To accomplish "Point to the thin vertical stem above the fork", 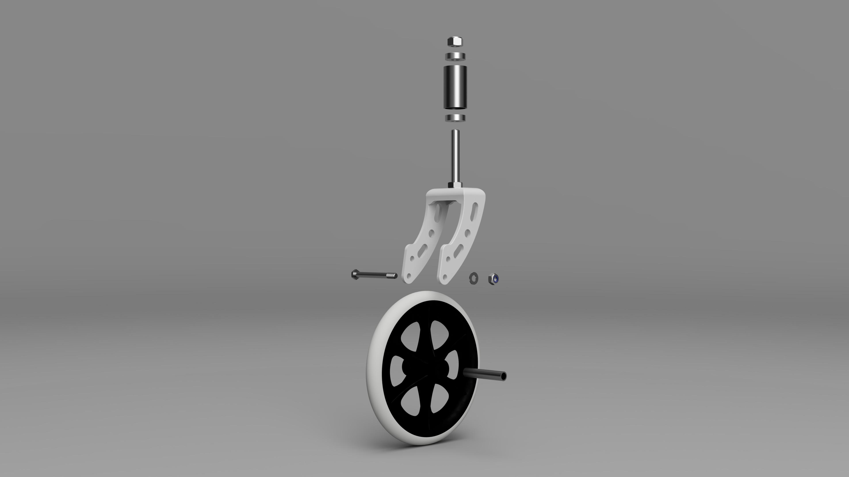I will (455, 155).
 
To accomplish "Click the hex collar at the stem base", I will (455, 184).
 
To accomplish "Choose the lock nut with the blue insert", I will (493, 279).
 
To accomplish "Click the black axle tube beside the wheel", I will (484, 375).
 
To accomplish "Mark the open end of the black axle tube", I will (503, 376).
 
